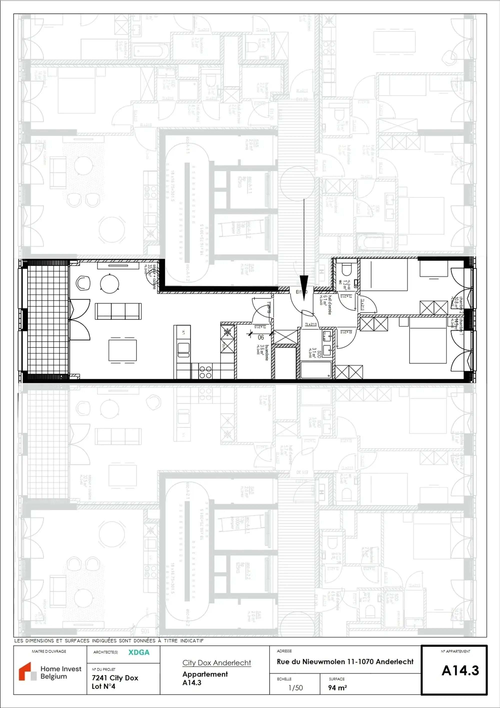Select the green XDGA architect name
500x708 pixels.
pyautogui.click(x=139, y=652)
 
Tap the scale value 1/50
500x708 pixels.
pyautogui.click(x=295, y=688)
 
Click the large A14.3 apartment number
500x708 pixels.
pyautogui.click(x=460, y=670)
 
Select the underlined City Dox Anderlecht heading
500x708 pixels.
pyautogui.click(x=216, y=663)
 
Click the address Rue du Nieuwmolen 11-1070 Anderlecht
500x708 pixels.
pyautogui.click(x=345, y=661)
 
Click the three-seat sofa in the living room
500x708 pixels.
pyautogui.click(x=118, y=311)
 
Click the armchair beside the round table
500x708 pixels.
pyautogui.click(x=83, y=283)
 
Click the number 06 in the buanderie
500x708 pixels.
pyautogui.click(x=261, y=337)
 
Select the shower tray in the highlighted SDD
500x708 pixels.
pyautogui.click(x=316, y=370)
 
